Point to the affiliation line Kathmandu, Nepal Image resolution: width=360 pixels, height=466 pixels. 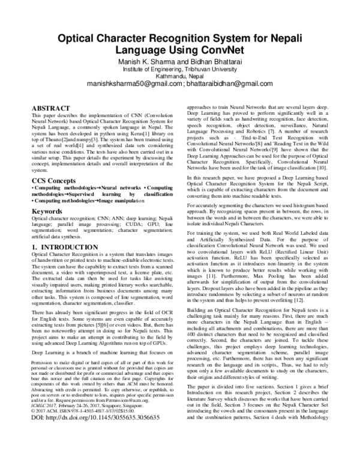[180, 76]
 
